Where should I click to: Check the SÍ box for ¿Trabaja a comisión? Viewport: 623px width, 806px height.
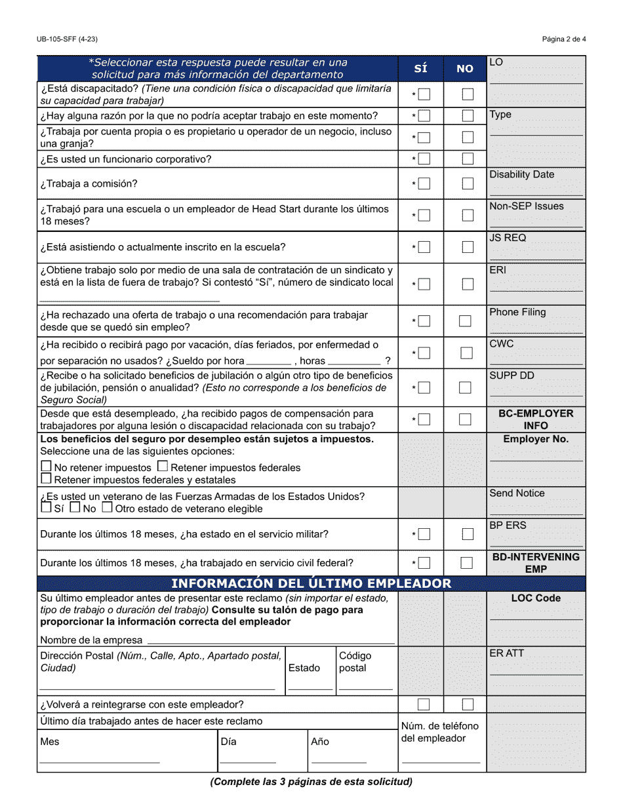click(x=424, y=184)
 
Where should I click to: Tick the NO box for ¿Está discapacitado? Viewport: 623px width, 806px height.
click(x=467, y=94)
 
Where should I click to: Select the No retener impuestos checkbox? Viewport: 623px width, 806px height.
click(x=46, y=467)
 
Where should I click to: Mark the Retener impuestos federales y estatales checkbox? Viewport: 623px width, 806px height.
click(x=46, y=479)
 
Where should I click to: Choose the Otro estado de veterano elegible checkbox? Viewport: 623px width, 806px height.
click(x=107, y=507)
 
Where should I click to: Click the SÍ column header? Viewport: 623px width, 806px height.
click(x=420, y=69)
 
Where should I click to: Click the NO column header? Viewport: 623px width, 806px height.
click(x=465, y=69)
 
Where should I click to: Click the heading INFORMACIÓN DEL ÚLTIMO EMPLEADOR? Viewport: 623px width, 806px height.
click(x=311, y=583)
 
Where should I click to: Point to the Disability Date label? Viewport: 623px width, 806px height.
click(x=521, y=174)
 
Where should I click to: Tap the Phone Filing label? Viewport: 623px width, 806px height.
click(x=517, y=312)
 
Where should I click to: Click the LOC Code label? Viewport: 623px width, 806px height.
click(x=536, y=598)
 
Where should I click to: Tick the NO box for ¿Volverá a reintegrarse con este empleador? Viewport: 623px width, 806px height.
click(x=467, y=704)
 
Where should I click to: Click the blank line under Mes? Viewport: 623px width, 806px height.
click(x=100, y=761)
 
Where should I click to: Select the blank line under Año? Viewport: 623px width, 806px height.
click(x=338, y=761)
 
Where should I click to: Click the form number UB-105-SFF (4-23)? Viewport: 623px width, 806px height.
click(x=68, y=39)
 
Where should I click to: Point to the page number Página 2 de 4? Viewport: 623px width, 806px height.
click(x=564, y=39)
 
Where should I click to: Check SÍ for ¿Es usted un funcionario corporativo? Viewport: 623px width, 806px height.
click(x=424, y=159)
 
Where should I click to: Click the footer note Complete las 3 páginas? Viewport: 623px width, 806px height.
click(x=311, y=781)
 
